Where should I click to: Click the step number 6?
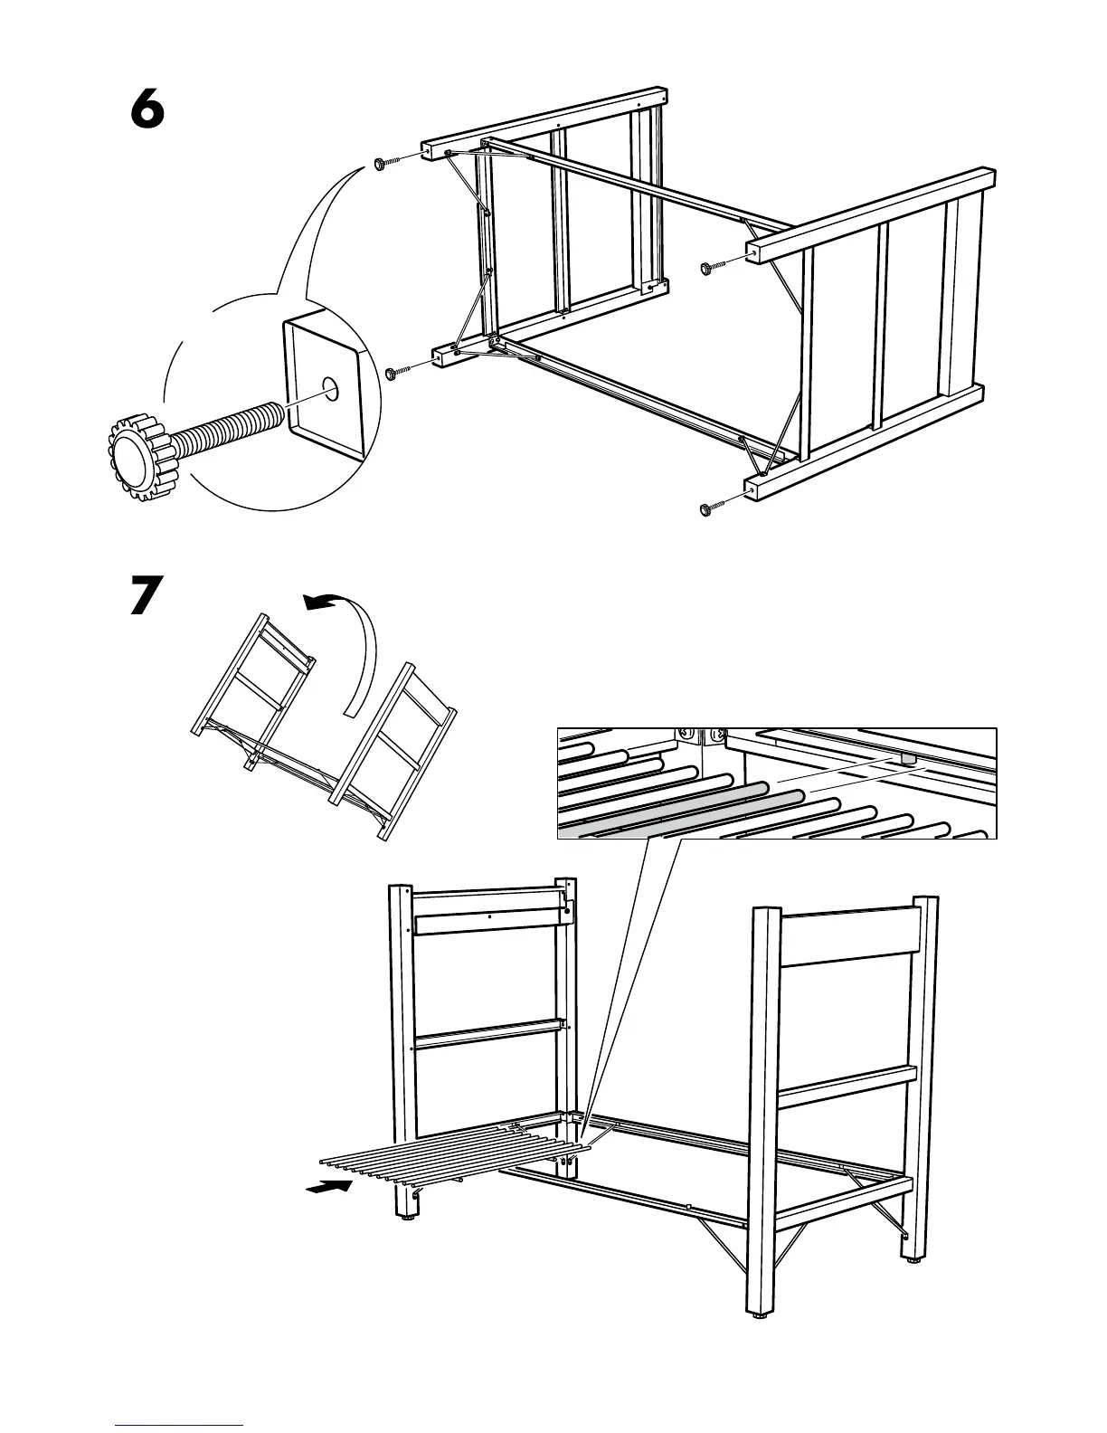tap(147, 111)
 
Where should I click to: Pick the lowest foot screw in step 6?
tap(707, 509)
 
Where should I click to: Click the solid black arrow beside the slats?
tap(327, 1187)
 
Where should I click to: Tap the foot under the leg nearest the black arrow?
tap(406, 1218)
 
